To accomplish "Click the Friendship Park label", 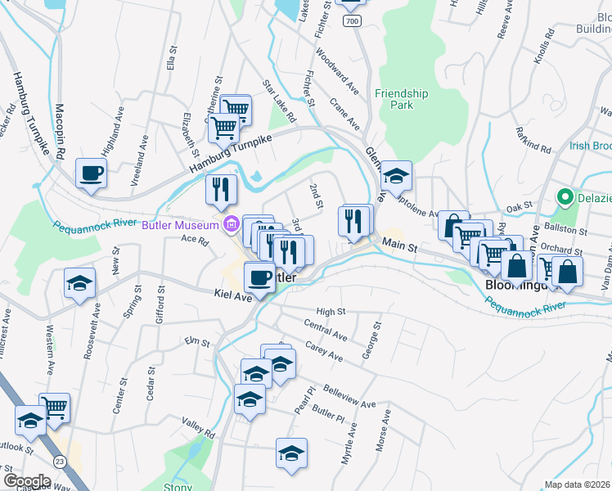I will [401, 99].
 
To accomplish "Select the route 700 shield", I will [352, 20].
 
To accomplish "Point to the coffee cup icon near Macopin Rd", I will [91, 173].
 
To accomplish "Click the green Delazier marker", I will [564, 197].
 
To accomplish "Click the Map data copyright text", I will [578, 484].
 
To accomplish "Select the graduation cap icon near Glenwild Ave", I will [397, 176].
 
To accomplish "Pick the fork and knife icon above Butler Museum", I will [221, 190].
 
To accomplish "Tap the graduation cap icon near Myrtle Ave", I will [291, 453].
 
